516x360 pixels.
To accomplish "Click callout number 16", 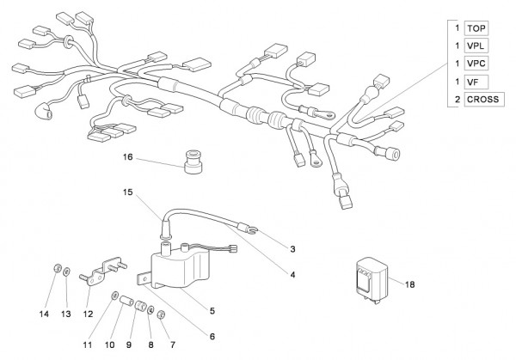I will click(128, 158).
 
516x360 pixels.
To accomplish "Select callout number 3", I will click(292, 249).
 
